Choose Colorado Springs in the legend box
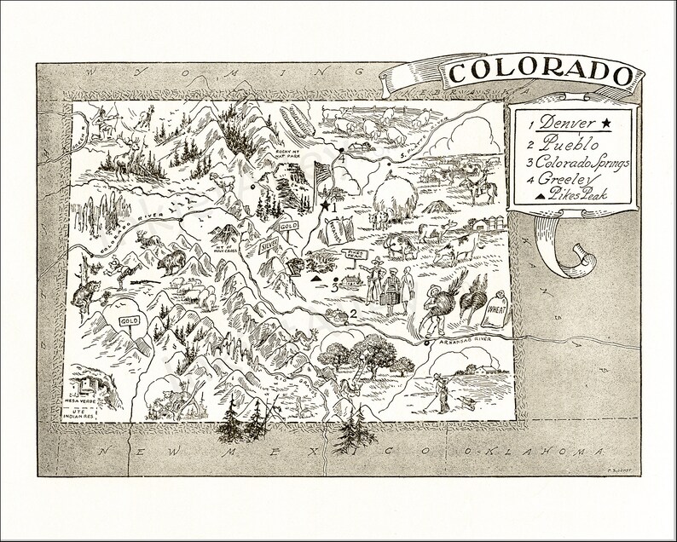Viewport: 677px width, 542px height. click(570, 163)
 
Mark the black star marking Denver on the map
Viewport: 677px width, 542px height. click(325, 205)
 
